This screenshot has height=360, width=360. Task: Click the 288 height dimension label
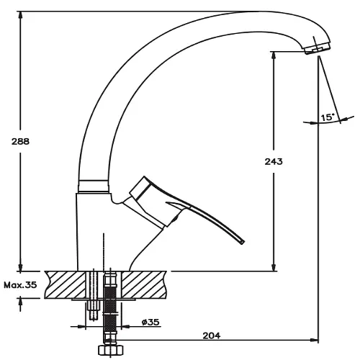point(20,141)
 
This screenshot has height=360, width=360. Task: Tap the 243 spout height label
point(274,161)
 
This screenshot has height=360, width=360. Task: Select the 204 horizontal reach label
point(212,336)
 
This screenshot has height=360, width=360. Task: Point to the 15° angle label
point(328,117)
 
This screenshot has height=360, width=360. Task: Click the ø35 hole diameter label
point(150,322)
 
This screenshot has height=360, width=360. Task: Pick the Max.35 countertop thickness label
point(20,285)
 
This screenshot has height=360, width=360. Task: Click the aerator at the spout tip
point(318,48)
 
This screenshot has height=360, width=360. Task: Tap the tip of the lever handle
point(242,242)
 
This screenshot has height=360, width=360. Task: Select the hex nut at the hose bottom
point(110,351)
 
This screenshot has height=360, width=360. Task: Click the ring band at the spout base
point(93,186)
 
